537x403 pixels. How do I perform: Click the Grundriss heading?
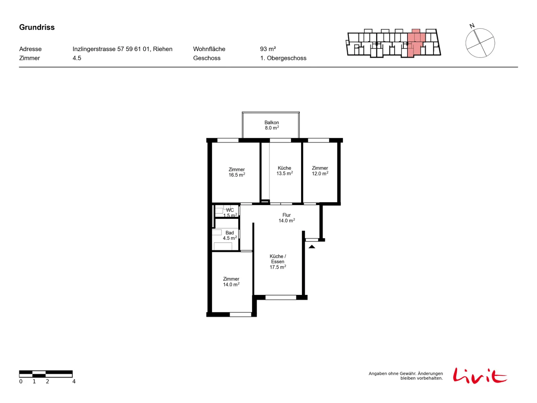37,27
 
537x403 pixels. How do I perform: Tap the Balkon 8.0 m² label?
272,125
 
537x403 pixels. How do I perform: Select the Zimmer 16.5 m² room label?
237,172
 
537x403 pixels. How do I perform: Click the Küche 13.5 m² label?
285,171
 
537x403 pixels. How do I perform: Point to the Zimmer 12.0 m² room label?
320,171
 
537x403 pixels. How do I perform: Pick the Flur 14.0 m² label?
287,218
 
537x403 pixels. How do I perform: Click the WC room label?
230,210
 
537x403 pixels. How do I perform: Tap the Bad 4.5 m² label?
230,235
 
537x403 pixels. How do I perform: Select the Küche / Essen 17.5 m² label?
278,262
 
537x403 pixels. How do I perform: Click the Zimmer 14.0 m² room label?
231,281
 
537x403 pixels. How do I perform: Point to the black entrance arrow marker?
312,247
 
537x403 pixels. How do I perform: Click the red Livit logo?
480,375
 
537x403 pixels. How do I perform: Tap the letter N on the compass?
472,26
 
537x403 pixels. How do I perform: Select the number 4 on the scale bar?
74,382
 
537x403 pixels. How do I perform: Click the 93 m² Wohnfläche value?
268,49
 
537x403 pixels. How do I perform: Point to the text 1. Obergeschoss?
283,58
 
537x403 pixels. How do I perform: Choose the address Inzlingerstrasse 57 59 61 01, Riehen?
122,49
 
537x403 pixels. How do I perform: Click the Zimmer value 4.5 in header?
77,58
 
